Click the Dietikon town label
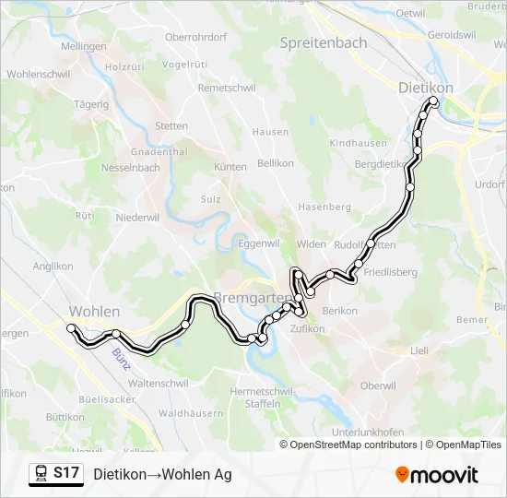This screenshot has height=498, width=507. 425,87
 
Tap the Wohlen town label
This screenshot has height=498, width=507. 95,311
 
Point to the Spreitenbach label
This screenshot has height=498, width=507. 323,43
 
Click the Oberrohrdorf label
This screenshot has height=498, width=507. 195,37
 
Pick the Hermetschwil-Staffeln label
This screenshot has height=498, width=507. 263,397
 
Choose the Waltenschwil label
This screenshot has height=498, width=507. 159,382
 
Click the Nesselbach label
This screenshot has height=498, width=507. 131,169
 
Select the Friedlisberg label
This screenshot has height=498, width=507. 391,272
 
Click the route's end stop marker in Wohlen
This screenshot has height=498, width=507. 71,327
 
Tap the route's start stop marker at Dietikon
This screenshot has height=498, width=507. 433,102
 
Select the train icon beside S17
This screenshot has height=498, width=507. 41,474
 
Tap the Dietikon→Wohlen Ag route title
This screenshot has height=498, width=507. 162,474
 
